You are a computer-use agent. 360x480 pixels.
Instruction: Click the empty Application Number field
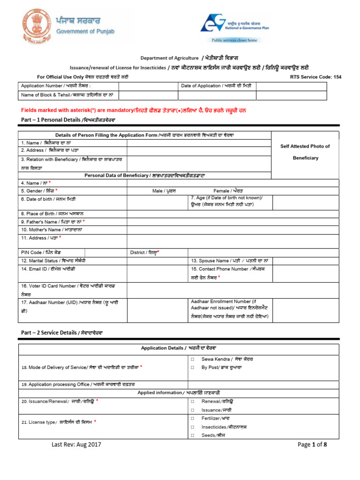[x=148, y=86]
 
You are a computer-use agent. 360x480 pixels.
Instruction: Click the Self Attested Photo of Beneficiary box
[x=305, y=152]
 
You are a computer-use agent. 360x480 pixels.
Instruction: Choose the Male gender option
[x=164, y=191]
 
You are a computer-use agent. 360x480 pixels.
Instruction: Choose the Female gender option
[x=228, y=191]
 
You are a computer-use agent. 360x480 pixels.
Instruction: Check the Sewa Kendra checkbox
[x=193, y=359]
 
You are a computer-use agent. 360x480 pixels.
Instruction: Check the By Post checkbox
[x=193, y=367]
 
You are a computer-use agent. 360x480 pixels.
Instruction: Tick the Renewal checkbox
[x=193, y=402]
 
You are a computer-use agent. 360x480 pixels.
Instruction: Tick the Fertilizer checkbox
[x=193, y=418]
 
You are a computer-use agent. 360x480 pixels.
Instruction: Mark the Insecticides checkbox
[x=193, y=427]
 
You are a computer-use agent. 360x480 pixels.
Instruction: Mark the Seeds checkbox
[x=193, y=435]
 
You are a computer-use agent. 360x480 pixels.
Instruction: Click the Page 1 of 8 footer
[x=312, y=445]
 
